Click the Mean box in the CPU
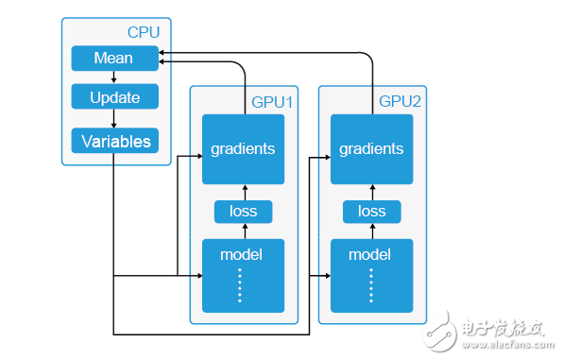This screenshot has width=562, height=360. point(113,59)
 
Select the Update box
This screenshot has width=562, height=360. point(113,97)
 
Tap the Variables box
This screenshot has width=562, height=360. point(113,142)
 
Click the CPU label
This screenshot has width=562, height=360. point(143,32)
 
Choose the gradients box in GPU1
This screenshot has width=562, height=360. point(243,149)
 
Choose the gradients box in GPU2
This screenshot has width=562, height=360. point(371,149)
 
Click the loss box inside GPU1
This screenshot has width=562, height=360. point(243,211)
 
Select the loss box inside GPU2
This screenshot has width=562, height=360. point(371,211)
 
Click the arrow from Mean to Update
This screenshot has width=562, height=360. point(113,77)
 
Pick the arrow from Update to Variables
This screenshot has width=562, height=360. point(113,119)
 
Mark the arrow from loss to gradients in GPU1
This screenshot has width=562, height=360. point(243,191)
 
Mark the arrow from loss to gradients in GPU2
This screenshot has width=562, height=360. point(371,191)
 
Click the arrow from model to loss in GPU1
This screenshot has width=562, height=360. point(243,231)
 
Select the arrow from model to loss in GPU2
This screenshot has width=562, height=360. point(371,231)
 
